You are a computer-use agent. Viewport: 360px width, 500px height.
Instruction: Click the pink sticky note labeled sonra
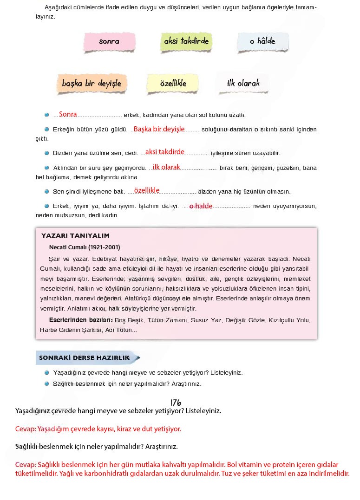point(109,42)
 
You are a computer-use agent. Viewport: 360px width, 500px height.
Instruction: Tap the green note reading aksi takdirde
point(186,41)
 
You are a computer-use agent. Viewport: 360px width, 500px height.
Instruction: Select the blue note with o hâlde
point(262,41)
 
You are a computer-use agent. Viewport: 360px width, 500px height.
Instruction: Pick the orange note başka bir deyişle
point(92,84)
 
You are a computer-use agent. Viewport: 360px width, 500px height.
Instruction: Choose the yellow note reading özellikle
point(173,84)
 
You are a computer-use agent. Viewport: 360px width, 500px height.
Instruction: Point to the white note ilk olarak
point(243,84)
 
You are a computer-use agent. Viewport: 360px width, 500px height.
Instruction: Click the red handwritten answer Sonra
point(68,114)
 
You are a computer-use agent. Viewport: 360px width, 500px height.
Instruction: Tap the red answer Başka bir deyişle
point(159,129)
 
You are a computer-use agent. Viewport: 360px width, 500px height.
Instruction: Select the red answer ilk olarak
point(166,167)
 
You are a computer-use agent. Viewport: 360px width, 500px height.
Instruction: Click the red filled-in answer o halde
point(201,206)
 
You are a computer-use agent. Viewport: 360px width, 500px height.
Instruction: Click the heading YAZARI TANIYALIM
point(75,235)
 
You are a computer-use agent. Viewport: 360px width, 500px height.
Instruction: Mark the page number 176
point(176,402)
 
